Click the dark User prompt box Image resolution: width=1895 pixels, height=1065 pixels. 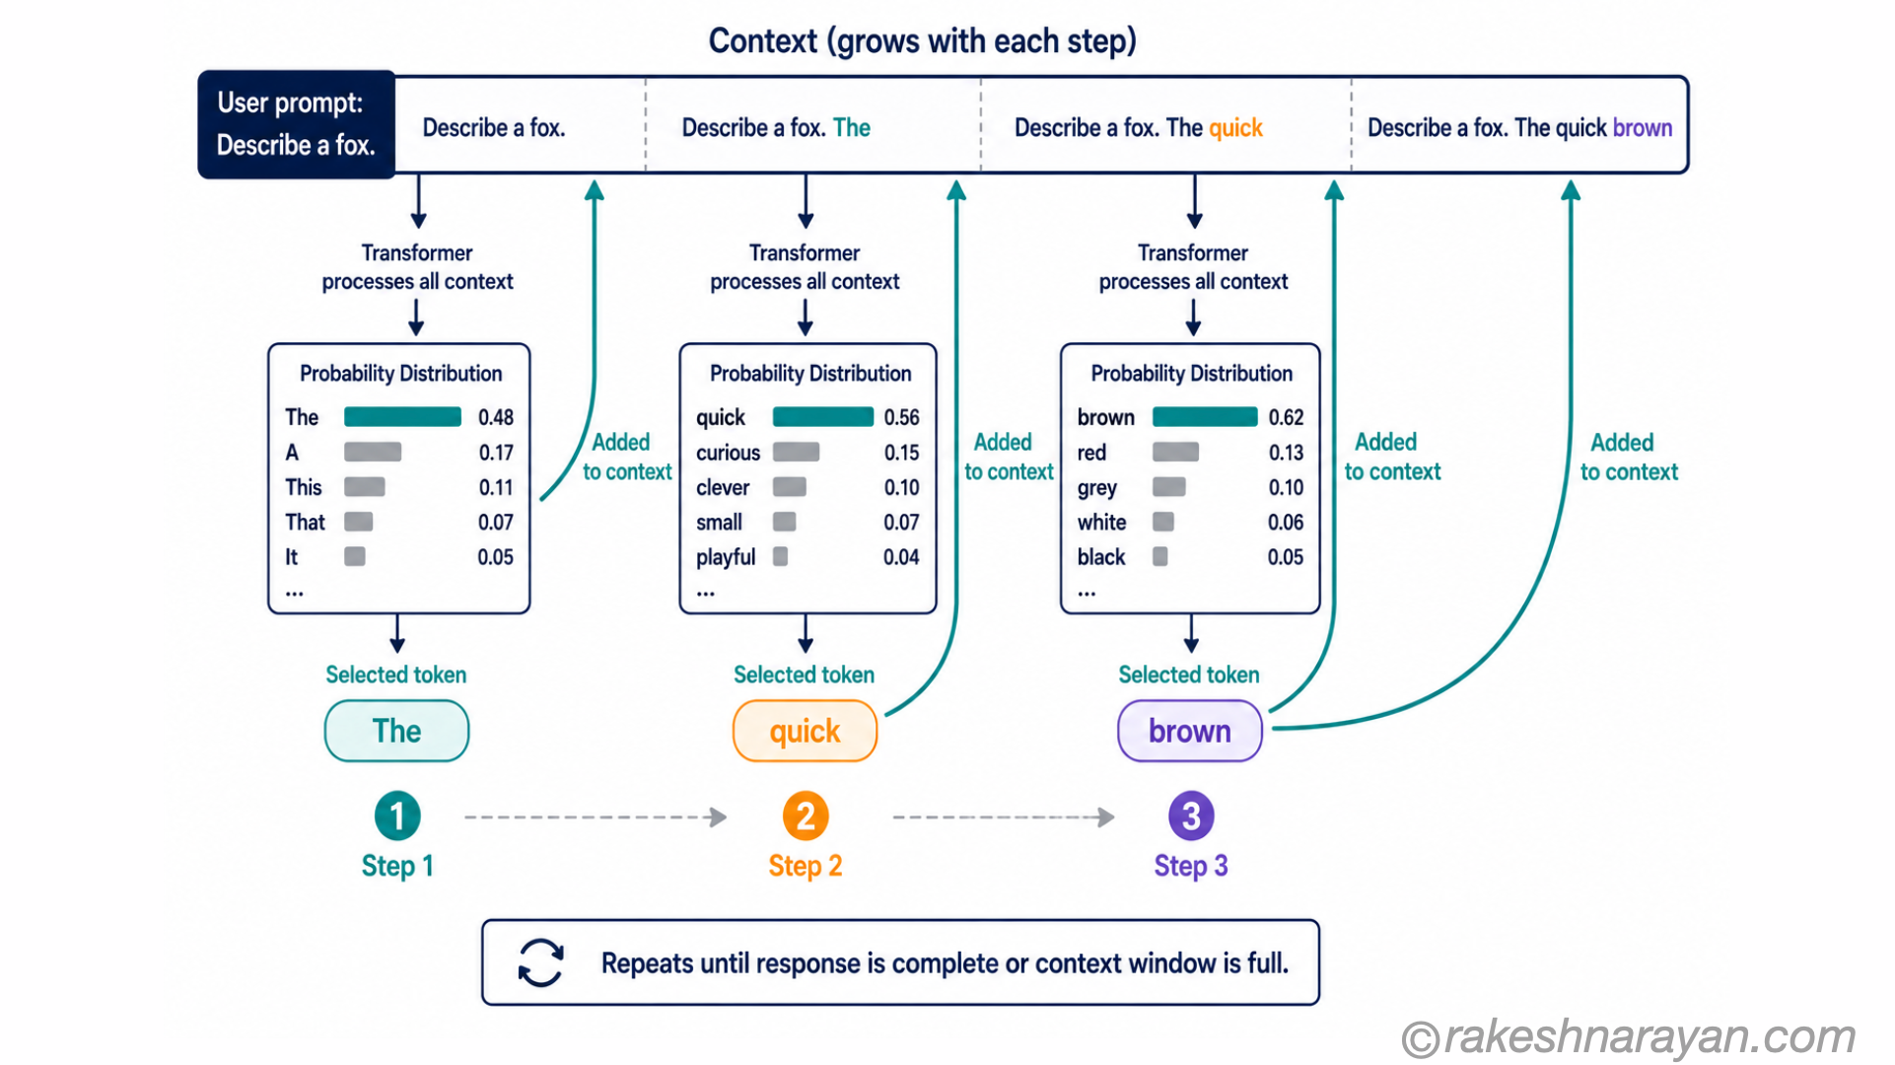pyautogui.click(x=297, y=124)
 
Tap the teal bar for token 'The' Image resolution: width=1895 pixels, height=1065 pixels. pyautogui.click(x=402, y=417)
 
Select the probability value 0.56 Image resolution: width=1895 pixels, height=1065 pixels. pyautogui.click(x=901, y=417)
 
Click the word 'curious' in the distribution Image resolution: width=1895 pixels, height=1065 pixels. pyautogui.click(x=728, y=453)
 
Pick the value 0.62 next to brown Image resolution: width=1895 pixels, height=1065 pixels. pyautogui.click(x=1286, y=417)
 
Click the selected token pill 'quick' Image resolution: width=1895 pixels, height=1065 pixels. pyautogui.click(x=805, y=731)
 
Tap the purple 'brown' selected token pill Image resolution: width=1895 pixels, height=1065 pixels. pyautogui.click(x=1189, y=731)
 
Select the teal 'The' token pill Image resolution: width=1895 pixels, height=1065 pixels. pyautogui.click(x=396, y=731)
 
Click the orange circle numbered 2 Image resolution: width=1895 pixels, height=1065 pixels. pyautogui.click(x=806, y=816)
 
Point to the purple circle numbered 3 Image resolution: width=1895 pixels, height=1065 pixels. pyautogui.click(x=1191, y=816)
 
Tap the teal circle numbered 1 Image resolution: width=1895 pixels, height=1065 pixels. pyautogui.click(x=397, y=816)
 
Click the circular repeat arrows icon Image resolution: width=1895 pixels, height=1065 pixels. pyautogui.click(x=540, y=962)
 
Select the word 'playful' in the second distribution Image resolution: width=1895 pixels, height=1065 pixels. pyautogui.click(x=726, y=558)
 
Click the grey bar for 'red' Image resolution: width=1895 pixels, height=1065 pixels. pyautogui.click(x=1175, y=453)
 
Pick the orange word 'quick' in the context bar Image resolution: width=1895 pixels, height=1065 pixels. pyautogui.click(x=1235, y=128)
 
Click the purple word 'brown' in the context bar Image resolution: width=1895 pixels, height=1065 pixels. pyautogui.click(x=1643, y=128)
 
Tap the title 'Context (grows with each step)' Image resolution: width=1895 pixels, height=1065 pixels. pyautogui.click(x=923, y=41)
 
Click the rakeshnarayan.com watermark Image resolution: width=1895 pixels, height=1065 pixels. pyautogui.click(x=1629, y=1037)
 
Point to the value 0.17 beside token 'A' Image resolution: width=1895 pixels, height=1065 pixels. pyautogui.click(x=496, y=453)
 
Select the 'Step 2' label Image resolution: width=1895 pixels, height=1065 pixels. pyautogui.click(x=806, y=866)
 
